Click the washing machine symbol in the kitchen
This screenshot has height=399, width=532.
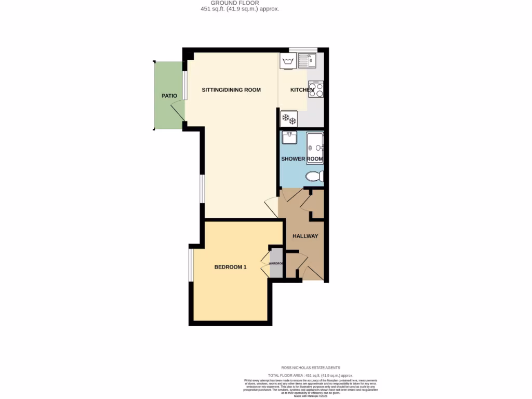(x=287, y=62)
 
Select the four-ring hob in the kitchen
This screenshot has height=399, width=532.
(x=316, y=89)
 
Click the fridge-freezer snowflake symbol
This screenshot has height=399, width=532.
(x=288, y=119)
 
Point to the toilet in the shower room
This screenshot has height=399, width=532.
(x=314, y=177)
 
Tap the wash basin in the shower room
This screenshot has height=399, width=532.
(x=289, y=138)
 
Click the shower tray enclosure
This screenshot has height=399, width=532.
(x=315, y=145)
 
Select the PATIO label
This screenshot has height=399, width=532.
(x=169, y=96)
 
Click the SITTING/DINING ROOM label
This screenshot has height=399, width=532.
(x=231, y=90)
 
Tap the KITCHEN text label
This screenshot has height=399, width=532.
(x=302, y=90)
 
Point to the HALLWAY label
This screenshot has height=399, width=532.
(x=305, y=236)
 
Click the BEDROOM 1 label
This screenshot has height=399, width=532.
(x=230, y=267)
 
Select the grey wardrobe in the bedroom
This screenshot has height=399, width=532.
(x=276, y=263)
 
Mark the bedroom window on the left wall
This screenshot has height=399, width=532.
(x=191, y=265)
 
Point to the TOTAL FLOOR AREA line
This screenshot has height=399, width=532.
(x=310, y=375)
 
